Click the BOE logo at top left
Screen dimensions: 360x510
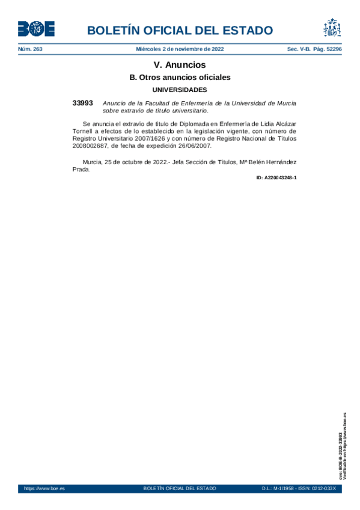[x=36, y=28]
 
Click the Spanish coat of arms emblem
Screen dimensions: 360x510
[x=332, y=28]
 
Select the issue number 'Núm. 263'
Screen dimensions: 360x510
[x=30, y=49]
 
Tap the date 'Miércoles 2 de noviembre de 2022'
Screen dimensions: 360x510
[x=180, y=49]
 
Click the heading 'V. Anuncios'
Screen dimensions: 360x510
[x=180, y=65]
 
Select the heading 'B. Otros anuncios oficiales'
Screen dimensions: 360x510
[x=180, y=78]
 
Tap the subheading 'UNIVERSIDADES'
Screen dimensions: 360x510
[x=180, y=90]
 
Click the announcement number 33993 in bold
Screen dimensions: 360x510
[x=82, y=103]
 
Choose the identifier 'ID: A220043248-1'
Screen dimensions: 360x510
[x=276, y=178]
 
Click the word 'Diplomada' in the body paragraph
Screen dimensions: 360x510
[x=174, y=123]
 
